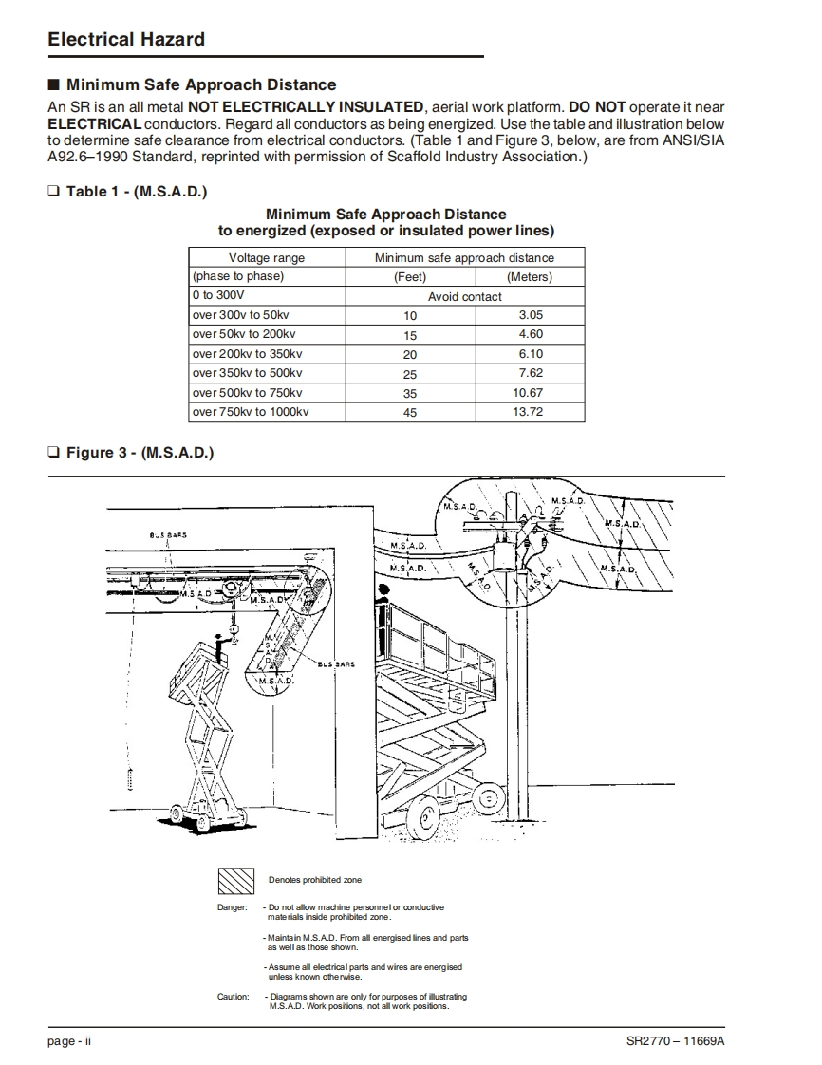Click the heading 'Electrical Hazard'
coord(126,39)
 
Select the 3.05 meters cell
coord(531,315)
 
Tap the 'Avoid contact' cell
coord(465,296)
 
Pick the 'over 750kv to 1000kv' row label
coord(251,412)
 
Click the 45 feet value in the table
coord(410,413)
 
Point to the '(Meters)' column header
coord(530,277)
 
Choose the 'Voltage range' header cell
coord(267,257)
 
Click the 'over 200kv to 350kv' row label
coord(248,354)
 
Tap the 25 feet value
coord(410,374)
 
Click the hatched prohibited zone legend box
coord(236,881)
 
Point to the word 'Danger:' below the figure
coord(233,907)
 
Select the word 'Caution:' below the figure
coord(233,997)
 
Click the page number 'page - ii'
coord(69,1041)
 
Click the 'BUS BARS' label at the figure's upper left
coord(168,534)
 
